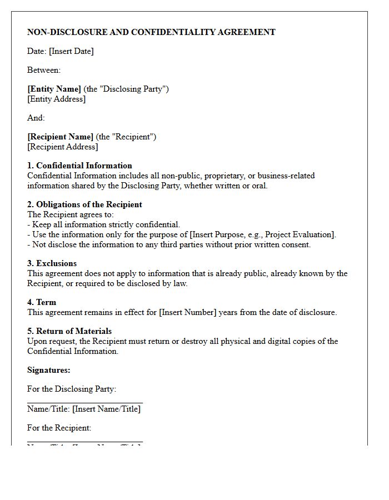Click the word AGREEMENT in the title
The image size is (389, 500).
pos(249,32)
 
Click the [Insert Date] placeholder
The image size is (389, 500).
pos(71,51)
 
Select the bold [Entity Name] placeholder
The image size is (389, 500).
pos(54,89)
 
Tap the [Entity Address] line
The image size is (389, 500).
pos(57,99)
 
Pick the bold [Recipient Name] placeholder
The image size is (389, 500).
pos(61,137)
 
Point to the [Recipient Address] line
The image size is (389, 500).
pos(63,147)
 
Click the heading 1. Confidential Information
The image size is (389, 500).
pos(79,166)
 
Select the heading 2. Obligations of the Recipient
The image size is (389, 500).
pos(84,204)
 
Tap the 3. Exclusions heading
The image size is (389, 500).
pos(52,263)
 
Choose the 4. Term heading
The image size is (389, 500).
pos(42,302)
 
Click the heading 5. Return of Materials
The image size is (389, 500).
pos(69,331)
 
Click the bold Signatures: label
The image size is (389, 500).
pos(49,370)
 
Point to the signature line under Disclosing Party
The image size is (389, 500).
pos(85,402)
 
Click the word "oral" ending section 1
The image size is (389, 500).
pos(258,186)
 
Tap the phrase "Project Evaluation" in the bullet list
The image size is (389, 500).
pos(301,234)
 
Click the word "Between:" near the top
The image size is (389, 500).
pos(44,70)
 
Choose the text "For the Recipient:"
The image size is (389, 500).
pos(59,428)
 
